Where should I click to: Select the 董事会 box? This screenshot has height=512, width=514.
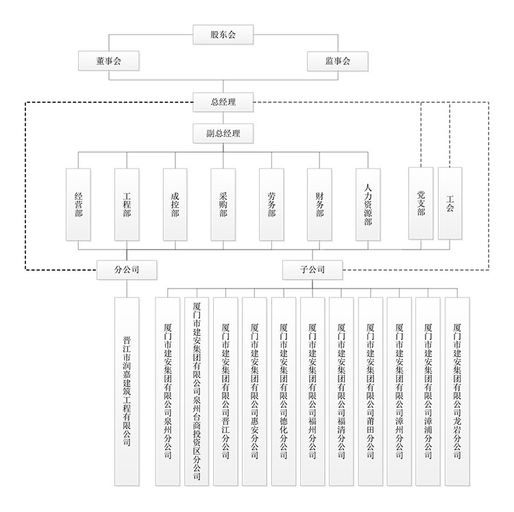pos(110,60)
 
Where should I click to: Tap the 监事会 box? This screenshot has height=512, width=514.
pos(337,60)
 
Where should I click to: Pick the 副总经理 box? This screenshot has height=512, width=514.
pos(223,133)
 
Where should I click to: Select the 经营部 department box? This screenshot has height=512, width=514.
pos(79,204)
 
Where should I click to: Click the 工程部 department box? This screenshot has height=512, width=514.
pos(127,204)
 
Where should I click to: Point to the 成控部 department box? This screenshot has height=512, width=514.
pos(175,204)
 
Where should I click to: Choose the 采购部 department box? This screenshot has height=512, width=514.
pos(223,204)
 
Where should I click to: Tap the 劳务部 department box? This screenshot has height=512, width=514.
pos(271,204)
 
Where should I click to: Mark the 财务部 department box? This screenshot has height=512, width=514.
pos(319,204)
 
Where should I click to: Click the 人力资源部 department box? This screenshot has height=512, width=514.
pos(368,204)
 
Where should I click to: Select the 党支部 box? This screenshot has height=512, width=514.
pos(420,203)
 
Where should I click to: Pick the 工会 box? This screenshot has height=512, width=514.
pos(450,203)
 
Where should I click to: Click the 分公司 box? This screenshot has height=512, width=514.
pos(127,269)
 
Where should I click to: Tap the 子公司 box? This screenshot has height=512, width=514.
pos(312,269)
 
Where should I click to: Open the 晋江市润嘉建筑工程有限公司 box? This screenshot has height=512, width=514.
pos(127,391)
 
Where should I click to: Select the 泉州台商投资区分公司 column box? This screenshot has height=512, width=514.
pos(197,391)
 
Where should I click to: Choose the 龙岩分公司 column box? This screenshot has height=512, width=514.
pos(457,391)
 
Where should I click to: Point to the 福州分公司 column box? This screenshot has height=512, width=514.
pos(313,391)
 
